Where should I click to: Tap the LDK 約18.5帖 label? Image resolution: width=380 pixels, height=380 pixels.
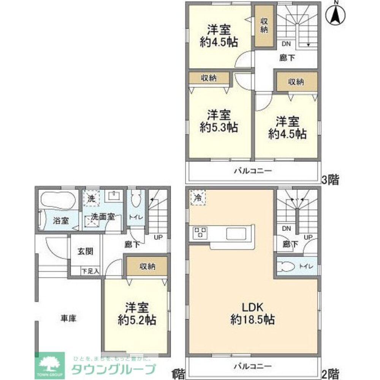click(252, 313)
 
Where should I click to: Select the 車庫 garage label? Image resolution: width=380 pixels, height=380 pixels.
click(68, 318)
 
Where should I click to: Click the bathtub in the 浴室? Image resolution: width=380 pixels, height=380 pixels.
click(57, 199)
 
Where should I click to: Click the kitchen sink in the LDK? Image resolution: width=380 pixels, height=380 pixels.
click(237, 233)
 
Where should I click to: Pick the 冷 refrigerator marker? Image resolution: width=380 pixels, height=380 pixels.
click(198, 198)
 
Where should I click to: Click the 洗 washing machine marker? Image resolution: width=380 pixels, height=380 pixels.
click(92, 198)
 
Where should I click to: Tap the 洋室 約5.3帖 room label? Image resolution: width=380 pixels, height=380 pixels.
click(219, 121)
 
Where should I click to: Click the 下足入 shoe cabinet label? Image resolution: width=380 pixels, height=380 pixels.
click(91, 271)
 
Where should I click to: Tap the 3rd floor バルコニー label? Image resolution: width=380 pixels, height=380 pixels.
click(252, 171)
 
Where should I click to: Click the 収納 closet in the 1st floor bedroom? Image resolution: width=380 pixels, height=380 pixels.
click(147, 267)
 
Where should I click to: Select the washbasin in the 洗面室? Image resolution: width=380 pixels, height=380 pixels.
click(113, 196)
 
